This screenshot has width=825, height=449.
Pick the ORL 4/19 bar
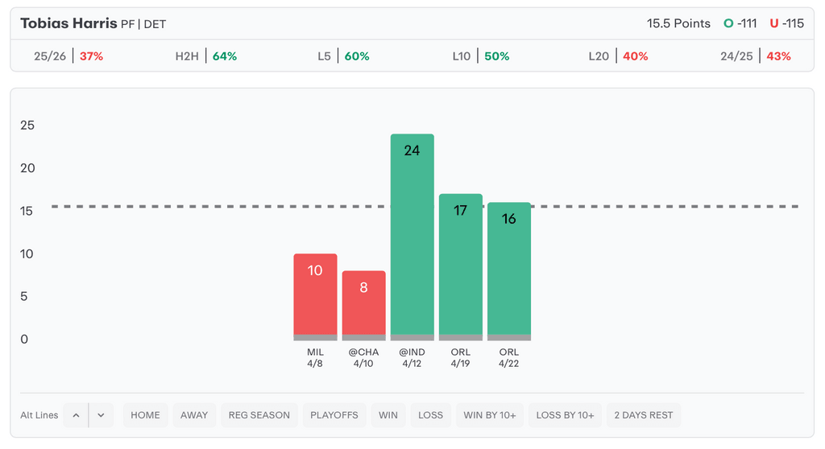pyautogui.click(x=460, y=266)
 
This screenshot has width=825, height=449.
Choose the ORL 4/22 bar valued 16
pyautogui.click(x=508, y=270)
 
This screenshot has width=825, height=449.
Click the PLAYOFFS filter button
pyautogui.click(x=334, y=415)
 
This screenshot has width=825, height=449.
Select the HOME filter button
pyautogui.click(x=145, y=415)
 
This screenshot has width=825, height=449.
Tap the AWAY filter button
pyautogui.click(x=194, y=415)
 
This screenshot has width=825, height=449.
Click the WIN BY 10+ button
pyautogui.click(x=490, y=415)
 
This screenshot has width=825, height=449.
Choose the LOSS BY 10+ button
pyautogui.click(x=565, y=415)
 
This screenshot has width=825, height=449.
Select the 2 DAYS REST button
pyautogui.click(x=643, y=415)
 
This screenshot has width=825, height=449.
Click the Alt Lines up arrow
pyautogui.click(x=76, y=415)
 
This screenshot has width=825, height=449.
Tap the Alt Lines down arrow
pyautogui.click(x=101, y=415)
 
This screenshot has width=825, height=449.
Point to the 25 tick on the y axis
pyautogui.click(x=27, y=126)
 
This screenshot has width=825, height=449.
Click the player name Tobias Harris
pyautogui.click(x=68, y=23)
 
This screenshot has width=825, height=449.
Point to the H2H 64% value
pyautogui.click(x=224, y=56)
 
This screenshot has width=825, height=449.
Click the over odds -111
pyautogui.click(x=740, y=23)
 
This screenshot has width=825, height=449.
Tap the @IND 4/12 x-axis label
pyautogui.click(x=412, y=358)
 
